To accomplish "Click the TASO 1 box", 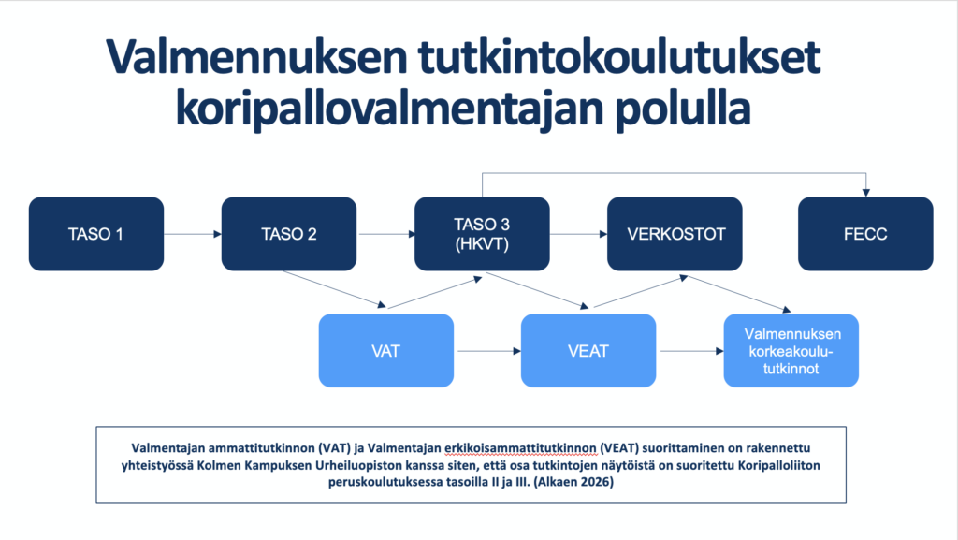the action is tap(96, 233).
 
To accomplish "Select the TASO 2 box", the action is tap(289, 233).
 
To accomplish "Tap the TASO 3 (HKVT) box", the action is tap(482, 233).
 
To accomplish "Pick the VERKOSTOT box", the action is tap(675, 233).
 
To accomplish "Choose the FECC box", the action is tap(865, 233).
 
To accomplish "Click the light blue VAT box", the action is tap(386, 351).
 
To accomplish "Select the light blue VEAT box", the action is tap(588, 351).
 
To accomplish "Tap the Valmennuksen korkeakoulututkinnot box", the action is tap(791, 351).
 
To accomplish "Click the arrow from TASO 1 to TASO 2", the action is tap(193, 234).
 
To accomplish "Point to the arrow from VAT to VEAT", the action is tap(489, 351).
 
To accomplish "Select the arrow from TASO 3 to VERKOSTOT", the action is tap(578, 234).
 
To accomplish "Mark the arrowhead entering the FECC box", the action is tap(865, 193).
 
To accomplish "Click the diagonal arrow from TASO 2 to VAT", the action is tap(334, 289).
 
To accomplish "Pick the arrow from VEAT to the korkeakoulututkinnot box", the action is tap(692, 351).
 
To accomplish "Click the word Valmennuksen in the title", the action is tap(256, 58).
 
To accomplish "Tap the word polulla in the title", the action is tap(682, 109).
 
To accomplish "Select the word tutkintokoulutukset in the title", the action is tap(619, 57).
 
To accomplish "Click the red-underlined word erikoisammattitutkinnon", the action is tap(520, 448).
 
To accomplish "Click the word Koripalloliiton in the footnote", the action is tap(779, 465).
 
